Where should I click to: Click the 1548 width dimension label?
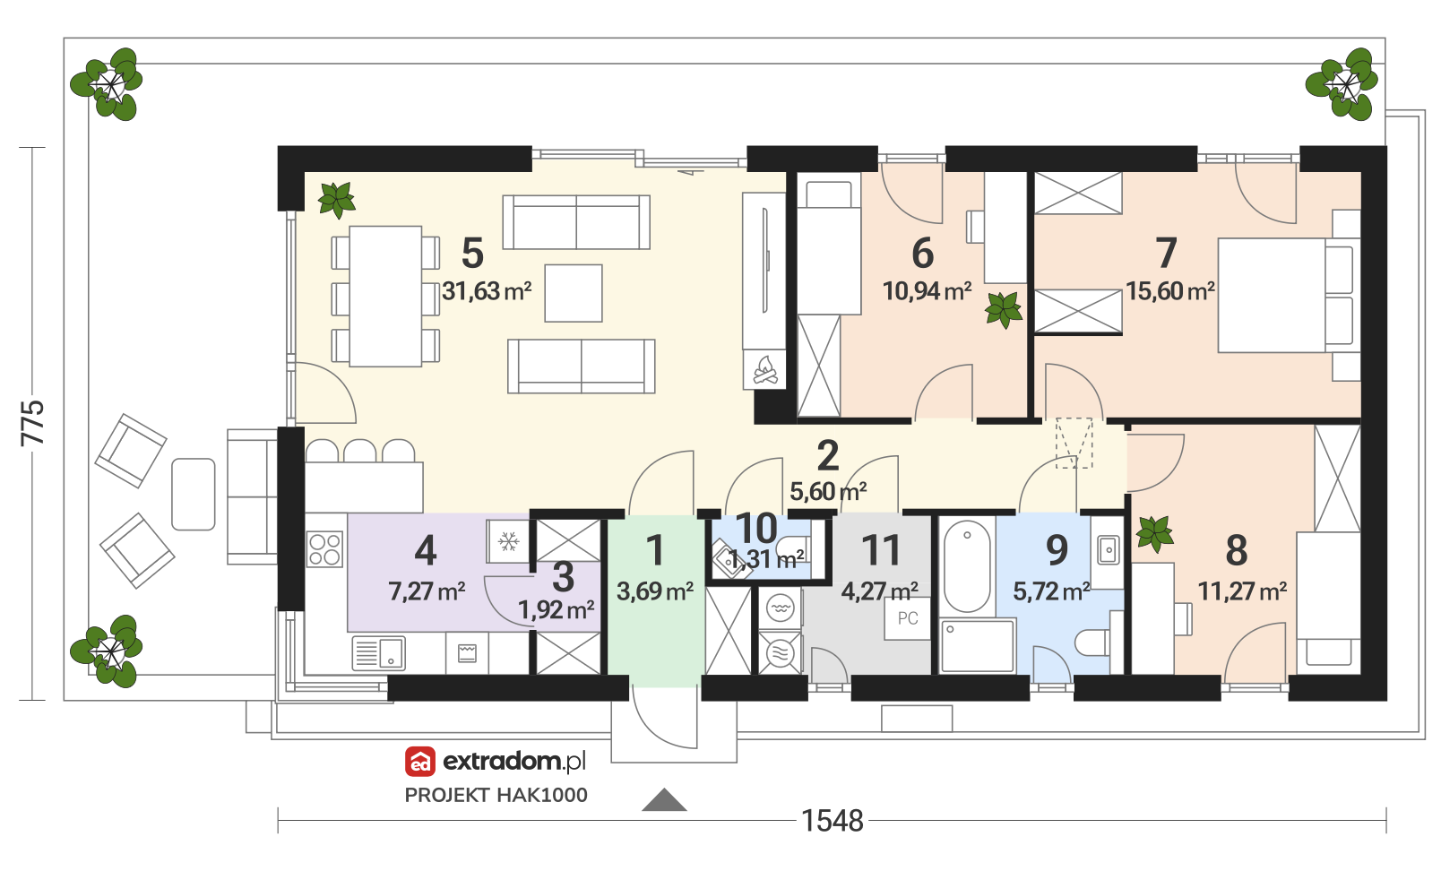832,821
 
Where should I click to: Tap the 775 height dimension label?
33,423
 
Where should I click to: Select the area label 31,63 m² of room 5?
487,291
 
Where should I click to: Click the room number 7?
1166,253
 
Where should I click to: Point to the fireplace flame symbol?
765,370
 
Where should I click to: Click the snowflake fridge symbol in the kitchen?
509,541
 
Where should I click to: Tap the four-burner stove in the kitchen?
325,549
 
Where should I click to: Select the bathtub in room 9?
967,566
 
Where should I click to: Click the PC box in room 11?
908,618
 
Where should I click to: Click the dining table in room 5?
385,296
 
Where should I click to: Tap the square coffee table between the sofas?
574,293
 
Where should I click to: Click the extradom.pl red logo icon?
420,762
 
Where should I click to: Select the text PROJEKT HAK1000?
496,795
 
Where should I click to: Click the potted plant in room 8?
1155,533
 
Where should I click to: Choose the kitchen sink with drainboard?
379,653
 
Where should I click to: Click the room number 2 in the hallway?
828,455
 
